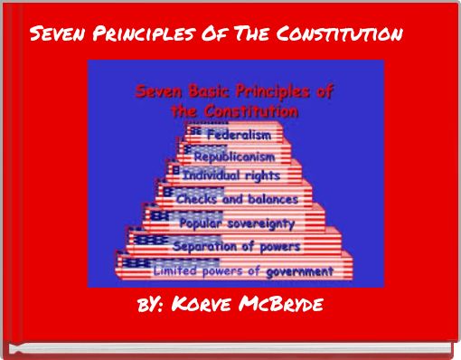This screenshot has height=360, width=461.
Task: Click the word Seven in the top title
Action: coord(57,35)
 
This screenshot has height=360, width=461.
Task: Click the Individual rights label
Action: coord(231,175)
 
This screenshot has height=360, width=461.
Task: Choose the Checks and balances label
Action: coord(236,198)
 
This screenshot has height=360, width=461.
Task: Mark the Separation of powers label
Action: coord(236,246)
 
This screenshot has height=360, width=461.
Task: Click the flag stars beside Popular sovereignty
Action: coord(161,217)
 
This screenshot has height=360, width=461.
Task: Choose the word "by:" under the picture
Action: coord(148,304)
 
